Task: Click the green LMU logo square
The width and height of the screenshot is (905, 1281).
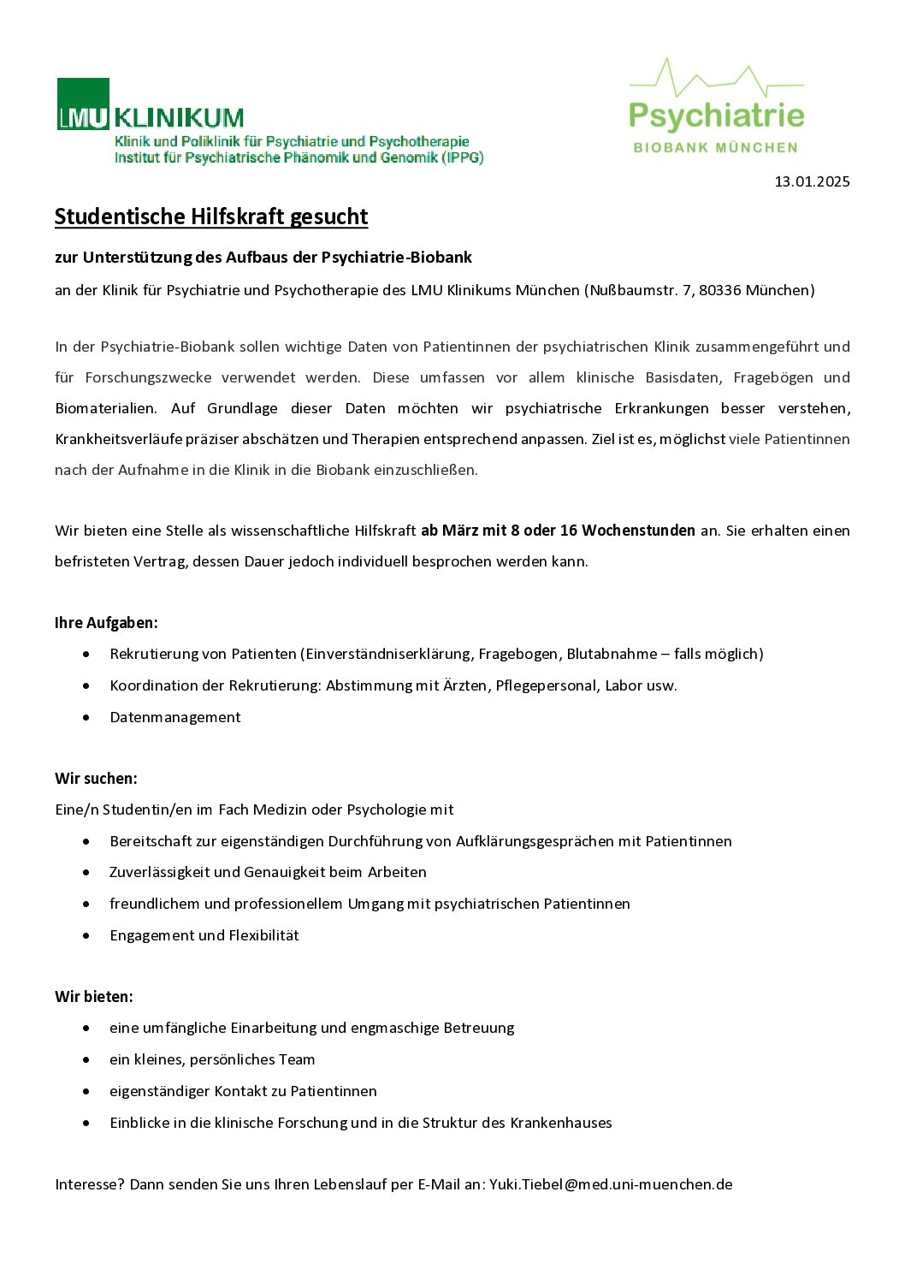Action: (x=83, y=104)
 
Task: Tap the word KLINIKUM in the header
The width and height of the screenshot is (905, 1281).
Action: (x=179, y=117)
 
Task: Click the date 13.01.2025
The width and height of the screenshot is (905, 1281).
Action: (x=812, y=181)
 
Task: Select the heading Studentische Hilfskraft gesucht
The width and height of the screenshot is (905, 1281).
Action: (x=211, y=216)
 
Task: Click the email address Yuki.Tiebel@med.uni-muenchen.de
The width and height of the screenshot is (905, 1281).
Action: (x=611, y=1184)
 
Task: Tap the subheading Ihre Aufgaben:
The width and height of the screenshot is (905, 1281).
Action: (x=106, y=623)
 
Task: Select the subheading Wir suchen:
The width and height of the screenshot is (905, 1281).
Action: (x=96, y=779)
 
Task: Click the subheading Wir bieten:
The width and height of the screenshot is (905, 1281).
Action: (x=94, y=997)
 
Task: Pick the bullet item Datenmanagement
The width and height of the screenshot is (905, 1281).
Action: (x=175, y=717)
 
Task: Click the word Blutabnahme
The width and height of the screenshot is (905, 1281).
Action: (x=612, y=654)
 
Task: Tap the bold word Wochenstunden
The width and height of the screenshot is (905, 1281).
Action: (x=638, y=531)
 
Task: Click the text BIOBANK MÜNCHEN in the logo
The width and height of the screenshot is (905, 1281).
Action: (x=715, y=147)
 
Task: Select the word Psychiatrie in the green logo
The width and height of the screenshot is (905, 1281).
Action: (x=717, y=116)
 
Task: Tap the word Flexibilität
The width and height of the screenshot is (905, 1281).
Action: (x=263, y=935)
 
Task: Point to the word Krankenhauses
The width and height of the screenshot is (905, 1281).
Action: (x=561, y=1123)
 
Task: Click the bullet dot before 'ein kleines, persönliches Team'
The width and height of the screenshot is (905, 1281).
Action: (x=86, y=1060)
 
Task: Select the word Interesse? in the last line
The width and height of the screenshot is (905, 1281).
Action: (x=90, y=1184)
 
